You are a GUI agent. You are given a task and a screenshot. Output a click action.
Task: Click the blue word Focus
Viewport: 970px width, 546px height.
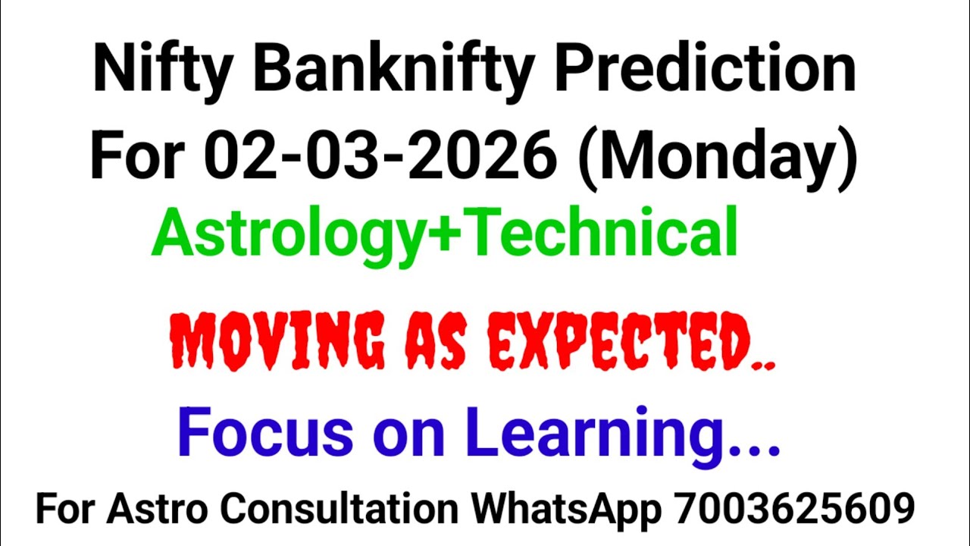pyautogui.click(x=265, y=432)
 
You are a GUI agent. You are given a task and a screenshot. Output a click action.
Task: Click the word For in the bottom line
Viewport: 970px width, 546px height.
pyautogui.click(x=65, y=510)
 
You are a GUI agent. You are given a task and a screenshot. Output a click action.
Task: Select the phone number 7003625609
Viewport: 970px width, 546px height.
pyautogui.click(x=794, y=510)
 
